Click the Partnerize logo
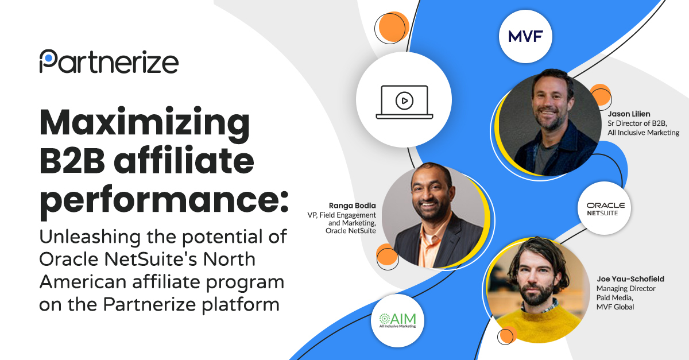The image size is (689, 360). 109,61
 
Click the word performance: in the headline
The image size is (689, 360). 164,200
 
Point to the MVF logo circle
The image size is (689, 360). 525,37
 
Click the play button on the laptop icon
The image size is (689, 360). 404,101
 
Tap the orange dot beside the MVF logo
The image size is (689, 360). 394,26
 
